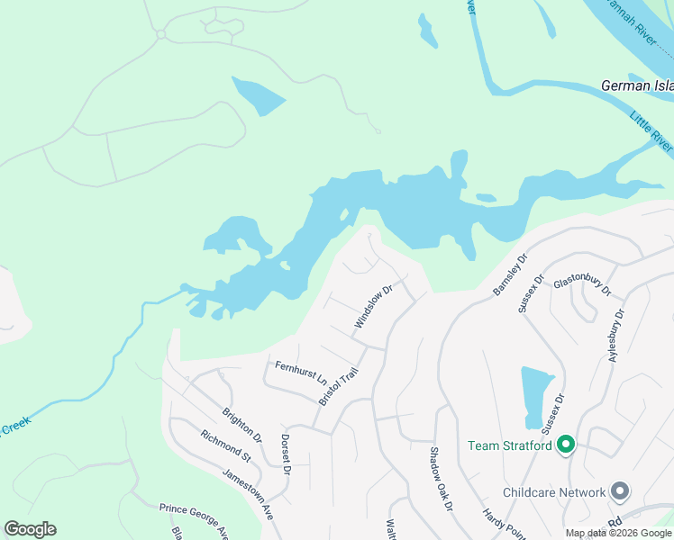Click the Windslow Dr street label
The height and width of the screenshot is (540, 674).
(x=374, y=307)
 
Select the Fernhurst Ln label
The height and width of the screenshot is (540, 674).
(x=300, y=373)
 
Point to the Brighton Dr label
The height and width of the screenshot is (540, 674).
(x=241, y=425)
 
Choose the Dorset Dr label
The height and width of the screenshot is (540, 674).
(x=286, y=455)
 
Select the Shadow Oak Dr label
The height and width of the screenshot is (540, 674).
(x=439, y=479)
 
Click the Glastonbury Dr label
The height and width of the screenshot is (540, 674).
(x=582, y=285)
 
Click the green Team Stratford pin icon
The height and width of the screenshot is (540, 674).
(x=566, y=445)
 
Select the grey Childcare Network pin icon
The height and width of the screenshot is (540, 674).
(x=620, y=491)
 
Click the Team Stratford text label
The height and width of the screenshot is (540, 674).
(x=509, y=445)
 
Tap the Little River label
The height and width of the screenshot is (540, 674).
(x=651, y=130)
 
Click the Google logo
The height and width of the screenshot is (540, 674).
(x=30, y=529)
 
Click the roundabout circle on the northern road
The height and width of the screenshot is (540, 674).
(x=160, y=34)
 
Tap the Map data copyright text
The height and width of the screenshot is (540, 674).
(x=619, y=533)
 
